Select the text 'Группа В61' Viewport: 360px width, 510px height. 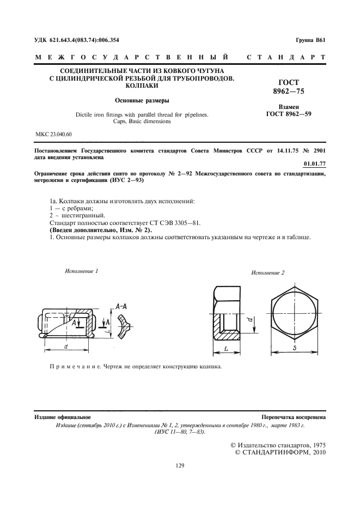click(310, 40)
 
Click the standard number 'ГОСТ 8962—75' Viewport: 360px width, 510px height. click(288, 87)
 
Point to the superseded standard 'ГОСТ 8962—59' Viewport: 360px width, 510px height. click(288, 114)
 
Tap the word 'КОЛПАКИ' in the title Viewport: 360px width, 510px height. click(142, 86)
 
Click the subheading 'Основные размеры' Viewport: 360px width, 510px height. click(142, 100)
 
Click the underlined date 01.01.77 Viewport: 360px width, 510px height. click(314, 162)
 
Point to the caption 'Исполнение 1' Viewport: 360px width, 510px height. click(82, 271)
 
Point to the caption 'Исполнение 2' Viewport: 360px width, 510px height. click(268, 272)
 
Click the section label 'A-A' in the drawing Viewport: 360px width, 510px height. click(123, 307)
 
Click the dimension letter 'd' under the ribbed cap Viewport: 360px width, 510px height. click(66, 345)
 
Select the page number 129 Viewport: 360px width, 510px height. click(180, 465)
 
